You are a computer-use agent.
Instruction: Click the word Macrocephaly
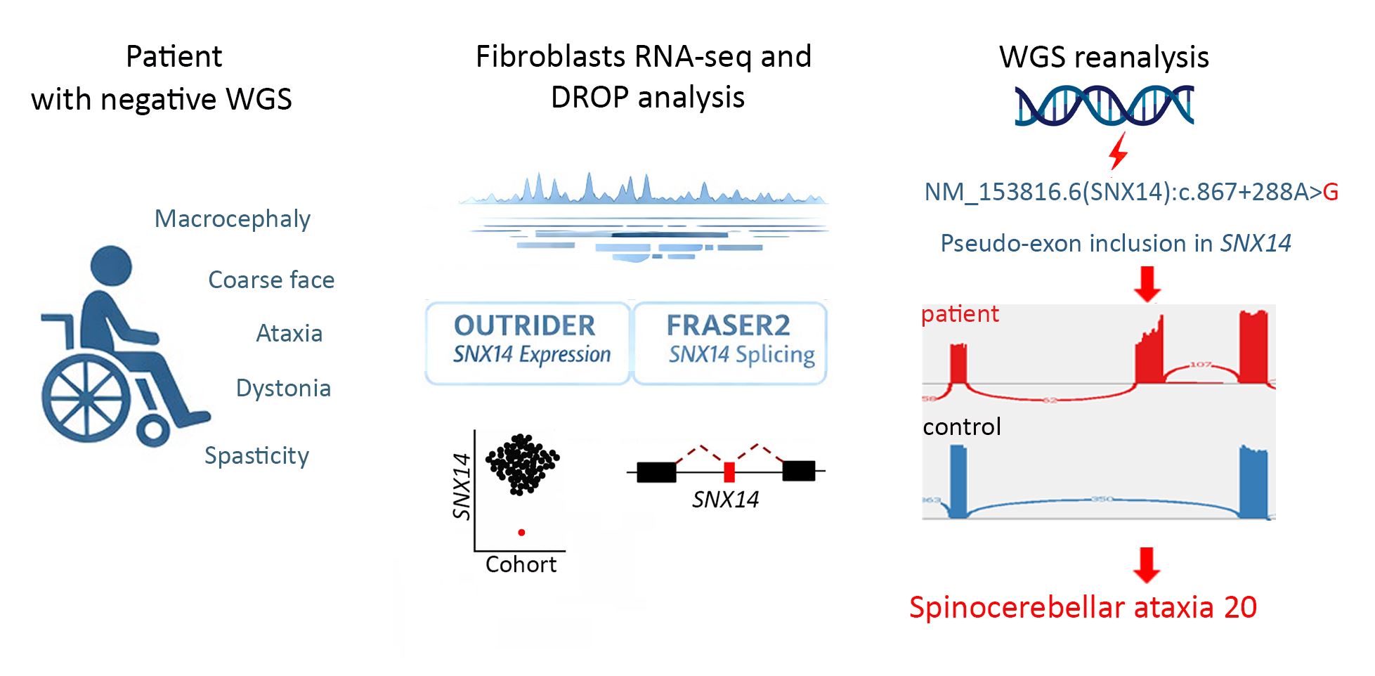pyautogui.click(x=232, y=219)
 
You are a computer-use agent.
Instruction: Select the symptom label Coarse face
pyautogui.click(x=271, y=280)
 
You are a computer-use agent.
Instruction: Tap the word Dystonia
pyautogui.click(x=283, y=388)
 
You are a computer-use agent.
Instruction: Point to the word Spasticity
pyautogui.click(x=256, y=455)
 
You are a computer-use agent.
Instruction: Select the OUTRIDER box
pyautogui.click(x=528, y=342)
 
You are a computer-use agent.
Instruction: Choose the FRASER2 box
pyautogui.click(x=730, y=342)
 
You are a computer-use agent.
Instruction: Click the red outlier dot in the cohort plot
pyautogui.click(x=521, y=533)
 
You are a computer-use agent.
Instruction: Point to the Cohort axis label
pyautogui.click(x=521, y=564)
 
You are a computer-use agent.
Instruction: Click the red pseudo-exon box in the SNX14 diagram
pyautogui.click(x=729, y=472)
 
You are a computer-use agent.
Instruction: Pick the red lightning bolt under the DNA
pyautogui.click(x=1118, y=150)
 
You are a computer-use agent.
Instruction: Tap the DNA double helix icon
pyautogui.click(x=1104, y=105)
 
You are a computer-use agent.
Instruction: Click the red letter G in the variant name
pyautogui.click(x=1330, y=192)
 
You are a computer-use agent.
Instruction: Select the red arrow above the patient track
pyautogui.click(x=1147, y=283)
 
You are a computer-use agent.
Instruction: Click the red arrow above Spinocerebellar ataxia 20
pyautogui.click(x=1146, y=564)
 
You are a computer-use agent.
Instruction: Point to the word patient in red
pyautogui.click(x=960, y=314)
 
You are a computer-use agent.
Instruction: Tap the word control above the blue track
pyautogui.click(x=962, y=427)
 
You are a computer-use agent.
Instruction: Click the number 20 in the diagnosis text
pyautogui.click(x=1239, y=607)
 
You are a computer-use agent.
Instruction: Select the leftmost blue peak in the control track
pyautogui.click(x=958, y=481)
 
